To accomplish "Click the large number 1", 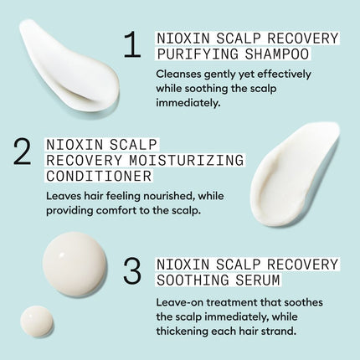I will coord(131,46).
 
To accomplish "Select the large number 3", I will coord(131,270).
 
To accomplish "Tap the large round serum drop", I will coord(75,263).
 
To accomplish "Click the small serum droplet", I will coord(37,321).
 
